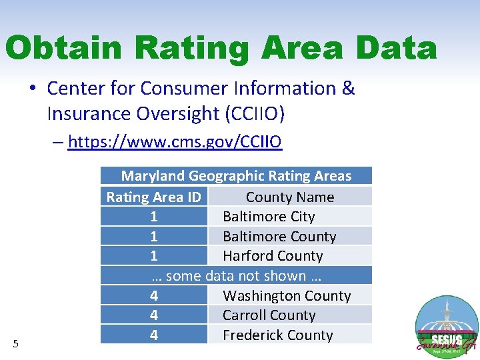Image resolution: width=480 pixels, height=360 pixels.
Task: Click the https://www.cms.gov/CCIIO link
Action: [x=175, y=141]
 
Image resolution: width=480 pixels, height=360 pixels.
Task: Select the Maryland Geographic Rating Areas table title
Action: [x=236, y=176]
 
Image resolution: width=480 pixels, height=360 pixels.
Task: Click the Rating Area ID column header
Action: [x=153, y=197]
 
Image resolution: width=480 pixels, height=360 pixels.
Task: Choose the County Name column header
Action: [x=289, y=197]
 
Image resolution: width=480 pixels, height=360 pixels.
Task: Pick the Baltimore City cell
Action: [x=269, y=217]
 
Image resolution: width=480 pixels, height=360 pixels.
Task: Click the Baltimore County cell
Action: [x=279, y=237]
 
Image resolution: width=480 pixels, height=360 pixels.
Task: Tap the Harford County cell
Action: [x=273, y=256]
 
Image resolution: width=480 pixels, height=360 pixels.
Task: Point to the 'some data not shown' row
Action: [x=236, y=276]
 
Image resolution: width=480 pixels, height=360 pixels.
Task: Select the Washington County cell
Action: [x=287, y=296]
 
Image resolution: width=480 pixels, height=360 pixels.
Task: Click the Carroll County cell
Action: [x=269, y=315]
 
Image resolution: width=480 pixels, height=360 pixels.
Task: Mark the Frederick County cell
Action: [x=277, y=335]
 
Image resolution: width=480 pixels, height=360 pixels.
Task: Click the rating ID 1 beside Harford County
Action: [x=154, y=256]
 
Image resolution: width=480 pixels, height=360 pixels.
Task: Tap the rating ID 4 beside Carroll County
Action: [x=154, y=315]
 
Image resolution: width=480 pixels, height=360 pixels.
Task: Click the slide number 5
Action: [x=16, y=344]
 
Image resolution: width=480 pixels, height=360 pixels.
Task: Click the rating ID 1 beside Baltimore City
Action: [x=154, y=217]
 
